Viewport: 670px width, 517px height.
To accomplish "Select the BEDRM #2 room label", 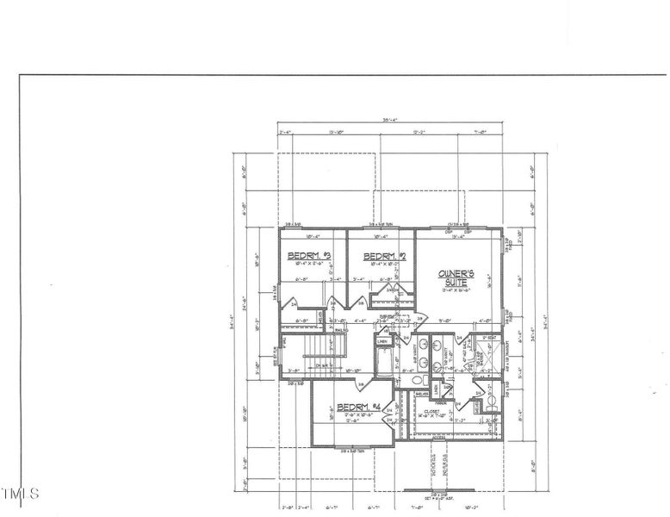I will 385,257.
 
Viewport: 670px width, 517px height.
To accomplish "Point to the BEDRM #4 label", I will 359,407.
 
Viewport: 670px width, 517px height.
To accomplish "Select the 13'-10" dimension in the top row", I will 338,133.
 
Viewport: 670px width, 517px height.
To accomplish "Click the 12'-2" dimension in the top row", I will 419,133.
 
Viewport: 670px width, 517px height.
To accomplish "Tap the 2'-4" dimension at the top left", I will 287,133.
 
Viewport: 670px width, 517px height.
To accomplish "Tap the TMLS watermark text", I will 19,494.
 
